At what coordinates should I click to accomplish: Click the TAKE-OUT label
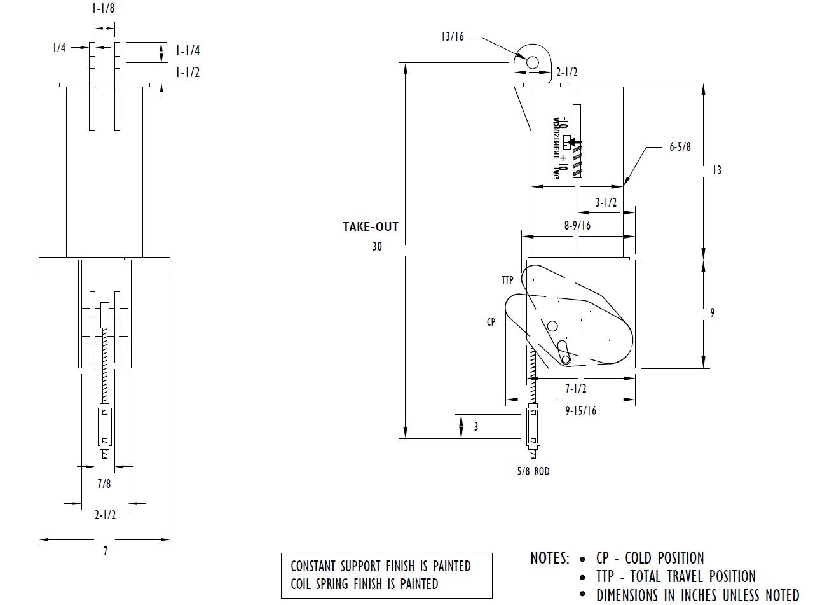coord(371,226)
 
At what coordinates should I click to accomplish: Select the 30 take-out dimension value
coord(377,246)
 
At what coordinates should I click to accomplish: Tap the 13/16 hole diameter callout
coord(453,37)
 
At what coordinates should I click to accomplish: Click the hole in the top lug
coord(533,62)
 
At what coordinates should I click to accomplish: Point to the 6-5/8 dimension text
coord(680,147)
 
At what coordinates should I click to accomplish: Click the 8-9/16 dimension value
coord(577,225)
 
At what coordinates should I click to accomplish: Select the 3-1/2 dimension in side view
coord(606,203)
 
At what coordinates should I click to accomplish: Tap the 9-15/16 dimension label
coord(581,410)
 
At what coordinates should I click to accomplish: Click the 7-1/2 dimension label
coord(575,388)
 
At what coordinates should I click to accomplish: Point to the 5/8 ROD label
coord(533,471)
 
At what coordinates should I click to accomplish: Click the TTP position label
coord(507,280)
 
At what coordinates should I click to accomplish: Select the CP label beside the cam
coord(491,322)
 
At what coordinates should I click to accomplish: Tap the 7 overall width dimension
coord(106,552)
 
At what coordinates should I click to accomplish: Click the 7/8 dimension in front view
coord(104,483)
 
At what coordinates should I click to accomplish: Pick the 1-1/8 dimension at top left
coord(104,9)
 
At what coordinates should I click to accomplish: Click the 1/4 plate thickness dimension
coord(59,48)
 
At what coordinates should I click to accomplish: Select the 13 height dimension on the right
coord(716,170)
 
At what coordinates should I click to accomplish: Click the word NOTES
coord(549,559)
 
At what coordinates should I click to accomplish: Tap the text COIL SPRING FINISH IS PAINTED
coord(364,583)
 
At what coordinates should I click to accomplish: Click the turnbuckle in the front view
coord(104,427)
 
